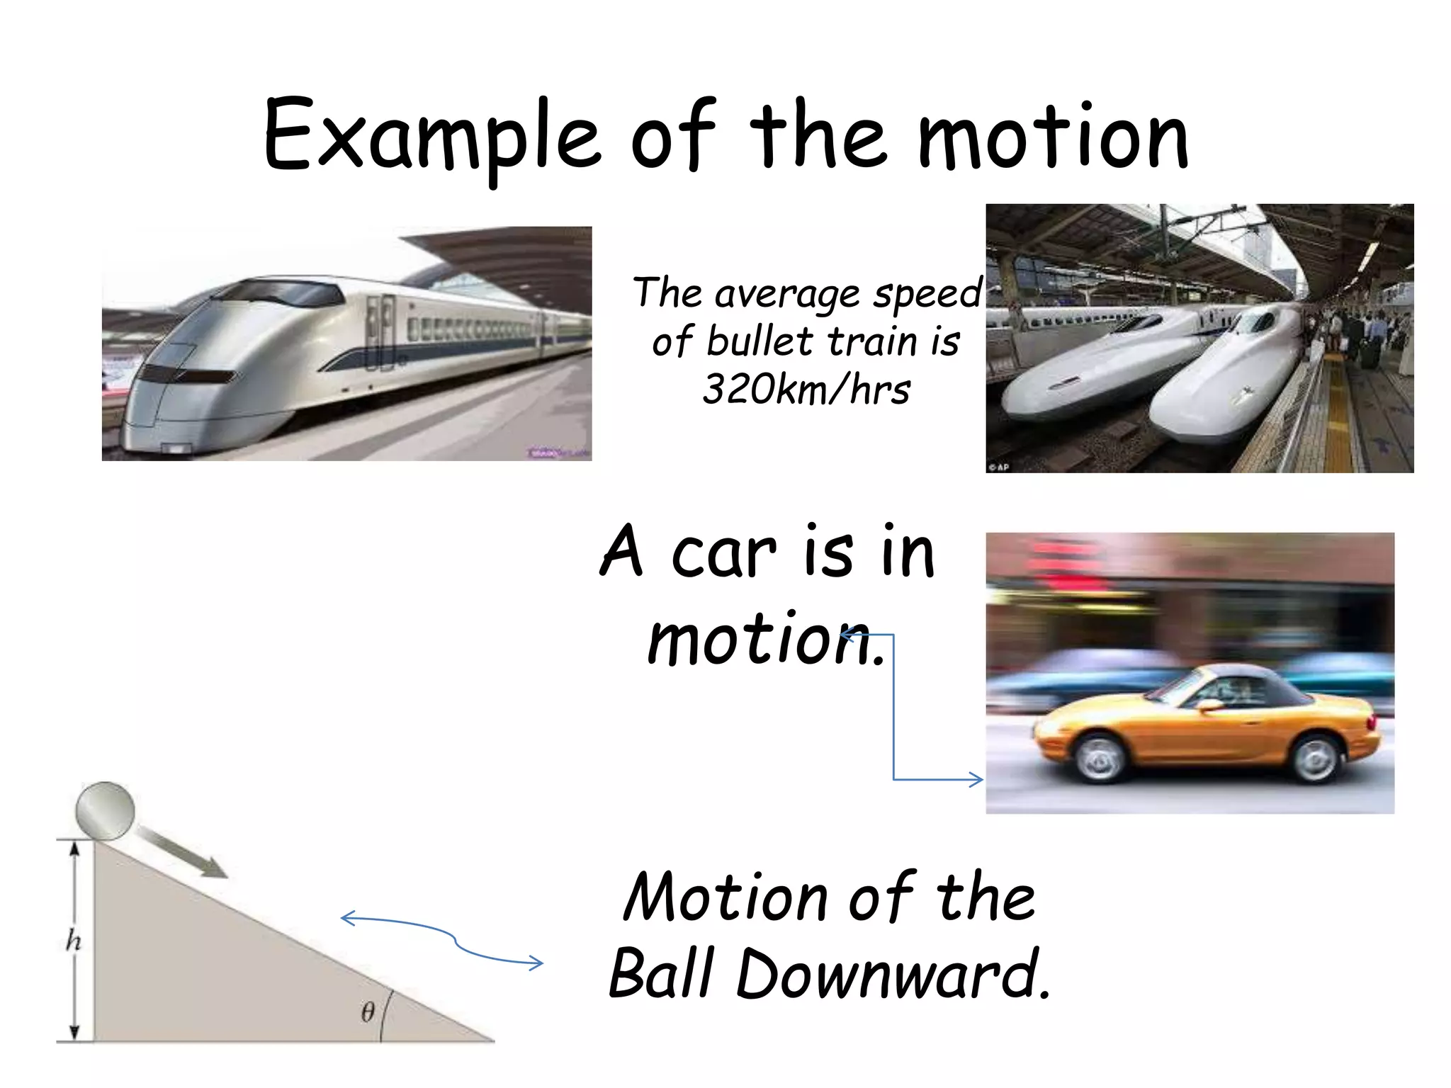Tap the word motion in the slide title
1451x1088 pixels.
click(1053, 138)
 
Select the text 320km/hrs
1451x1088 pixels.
click(806, 390)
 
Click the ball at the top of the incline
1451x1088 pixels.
click(105, 811)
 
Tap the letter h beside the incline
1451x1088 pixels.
click(73, 941)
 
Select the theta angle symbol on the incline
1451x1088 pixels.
click(368, 1011)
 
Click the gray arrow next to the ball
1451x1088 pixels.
click(182, 854)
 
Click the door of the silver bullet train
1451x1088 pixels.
click(380, 333)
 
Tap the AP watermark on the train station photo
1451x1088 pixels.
click(999, 467)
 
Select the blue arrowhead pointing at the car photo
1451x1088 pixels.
click(976, 779)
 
